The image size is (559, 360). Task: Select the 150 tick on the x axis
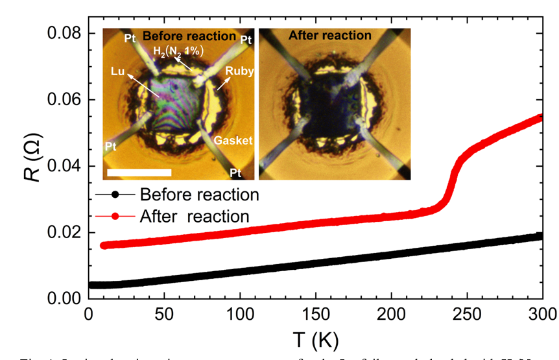[315, 315]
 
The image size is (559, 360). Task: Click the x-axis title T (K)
[315, 341]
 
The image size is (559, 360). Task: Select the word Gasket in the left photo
[234, 140]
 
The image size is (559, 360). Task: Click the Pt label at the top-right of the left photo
[246, 40]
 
